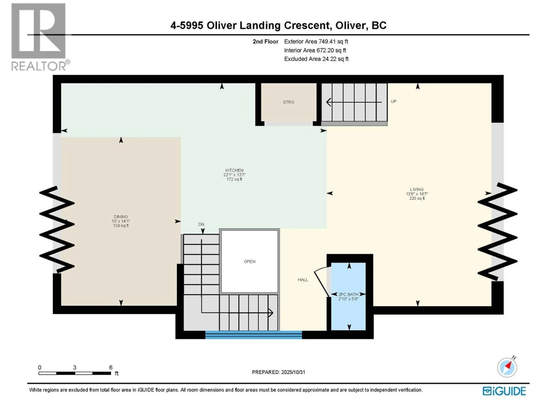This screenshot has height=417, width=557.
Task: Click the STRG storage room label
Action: (x=288, y=102)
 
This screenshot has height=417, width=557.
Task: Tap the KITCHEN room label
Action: (x=234, y=170)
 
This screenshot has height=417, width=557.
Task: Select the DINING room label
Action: (x=121, y=216)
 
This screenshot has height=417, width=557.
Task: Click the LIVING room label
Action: (x=417, y=189)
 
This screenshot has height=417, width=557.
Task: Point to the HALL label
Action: (x=303, y=280)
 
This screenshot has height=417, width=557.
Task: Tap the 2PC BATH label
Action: (x=348, y=294)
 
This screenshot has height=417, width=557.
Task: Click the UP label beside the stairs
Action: (x=394, y=101)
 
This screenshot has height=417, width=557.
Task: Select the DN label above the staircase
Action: (x=201, y=224)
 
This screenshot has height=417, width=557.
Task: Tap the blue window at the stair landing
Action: (x=254, y=335)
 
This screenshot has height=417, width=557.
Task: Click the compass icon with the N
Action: (x=507, y=367)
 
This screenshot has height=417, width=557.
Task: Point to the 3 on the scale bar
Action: (x=75, y=367)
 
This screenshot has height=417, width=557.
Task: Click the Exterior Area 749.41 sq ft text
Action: (x=316, y=41)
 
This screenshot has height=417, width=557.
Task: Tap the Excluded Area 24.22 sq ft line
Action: (x=316, y=59)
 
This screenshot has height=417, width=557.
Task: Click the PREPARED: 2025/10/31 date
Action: (x=278, y=372)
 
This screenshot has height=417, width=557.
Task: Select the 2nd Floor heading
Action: (x=265, y=41)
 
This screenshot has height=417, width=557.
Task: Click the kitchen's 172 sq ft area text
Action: (x=234, y=179)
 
